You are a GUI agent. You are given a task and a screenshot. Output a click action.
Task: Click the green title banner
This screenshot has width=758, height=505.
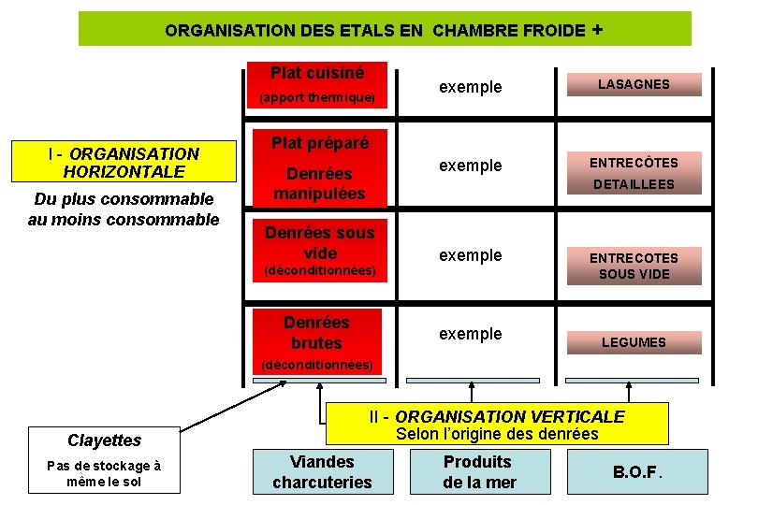384,29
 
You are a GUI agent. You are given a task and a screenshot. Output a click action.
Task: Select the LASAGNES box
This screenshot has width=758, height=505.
634,84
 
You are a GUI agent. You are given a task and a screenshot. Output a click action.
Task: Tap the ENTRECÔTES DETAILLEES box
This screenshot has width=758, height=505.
633,174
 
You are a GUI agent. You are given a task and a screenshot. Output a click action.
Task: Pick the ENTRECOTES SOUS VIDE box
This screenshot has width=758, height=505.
634,266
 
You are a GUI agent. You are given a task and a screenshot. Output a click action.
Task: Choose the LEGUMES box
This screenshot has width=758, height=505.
634,342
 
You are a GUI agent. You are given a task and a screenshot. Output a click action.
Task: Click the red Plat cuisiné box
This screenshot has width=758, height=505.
317,84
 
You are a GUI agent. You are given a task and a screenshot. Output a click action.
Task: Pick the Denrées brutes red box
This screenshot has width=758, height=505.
316,332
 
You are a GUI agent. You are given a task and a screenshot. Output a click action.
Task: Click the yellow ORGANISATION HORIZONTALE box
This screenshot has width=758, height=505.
124,163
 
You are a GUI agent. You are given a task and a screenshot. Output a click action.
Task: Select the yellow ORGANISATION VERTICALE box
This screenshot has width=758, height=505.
497,424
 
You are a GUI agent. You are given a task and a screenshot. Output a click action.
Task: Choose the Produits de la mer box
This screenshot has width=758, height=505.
478,471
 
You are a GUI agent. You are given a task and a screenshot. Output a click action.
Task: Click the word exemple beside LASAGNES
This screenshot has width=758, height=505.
471,87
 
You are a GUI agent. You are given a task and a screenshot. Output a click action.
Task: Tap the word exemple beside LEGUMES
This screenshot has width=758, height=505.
471,334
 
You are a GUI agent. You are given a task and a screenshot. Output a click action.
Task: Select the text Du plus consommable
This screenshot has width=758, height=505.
124,199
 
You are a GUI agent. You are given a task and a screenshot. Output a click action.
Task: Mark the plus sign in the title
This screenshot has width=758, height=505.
597,29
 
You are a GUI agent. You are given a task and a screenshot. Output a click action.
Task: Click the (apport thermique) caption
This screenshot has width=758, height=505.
317,97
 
